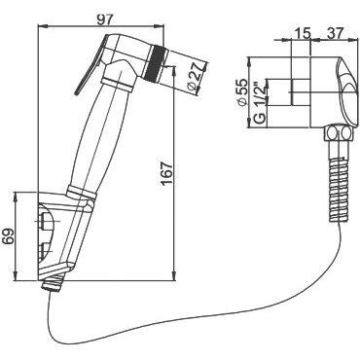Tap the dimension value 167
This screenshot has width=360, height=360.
pyautogui.click(x=167, y=174)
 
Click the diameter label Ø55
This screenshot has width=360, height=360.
pyautogui.click(x=242, y=91)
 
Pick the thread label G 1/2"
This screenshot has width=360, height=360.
pyautogui.click(x=259, y=104)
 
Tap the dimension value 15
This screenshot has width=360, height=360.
pyautogui.click(x=303, y=33)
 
